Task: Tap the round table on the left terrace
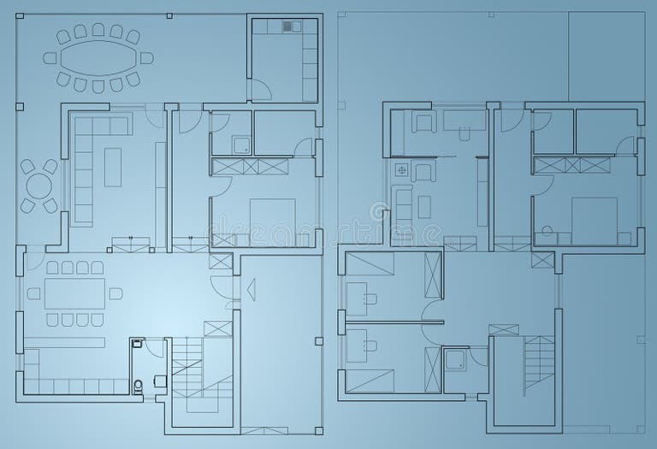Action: [x=38, y=186]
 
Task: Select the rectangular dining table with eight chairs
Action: [x=74, y=293]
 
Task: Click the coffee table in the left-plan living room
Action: [x=113, y=166]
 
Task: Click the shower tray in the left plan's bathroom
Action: [x=241, y=144]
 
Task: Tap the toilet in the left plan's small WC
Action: [x=139, y=385]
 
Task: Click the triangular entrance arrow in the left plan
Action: [x=252, y=290]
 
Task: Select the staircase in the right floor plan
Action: [x=539, y=363]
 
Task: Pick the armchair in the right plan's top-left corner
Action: [x=422, y=122]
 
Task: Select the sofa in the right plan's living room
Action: [x=403, y=214]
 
